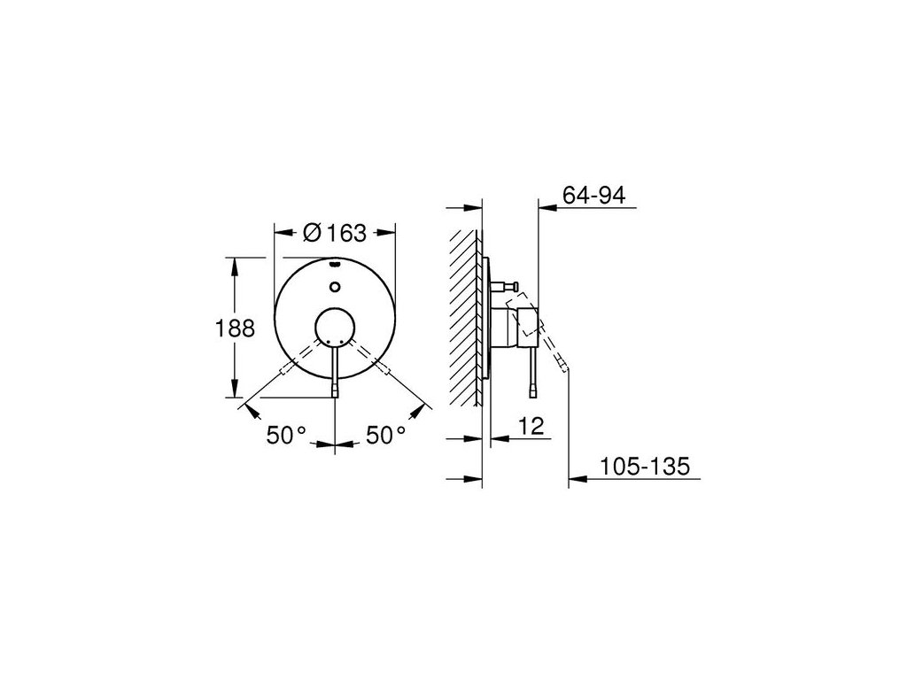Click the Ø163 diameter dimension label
tap(334, 233)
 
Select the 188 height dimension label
tap(235, 328)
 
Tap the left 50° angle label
tap(286, 435)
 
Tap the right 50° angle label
tap(386, 435)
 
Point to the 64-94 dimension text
tap(594, 196)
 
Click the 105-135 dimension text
tap(645, 466)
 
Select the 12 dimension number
tap(531, 426)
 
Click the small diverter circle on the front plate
tap(335, 287)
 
